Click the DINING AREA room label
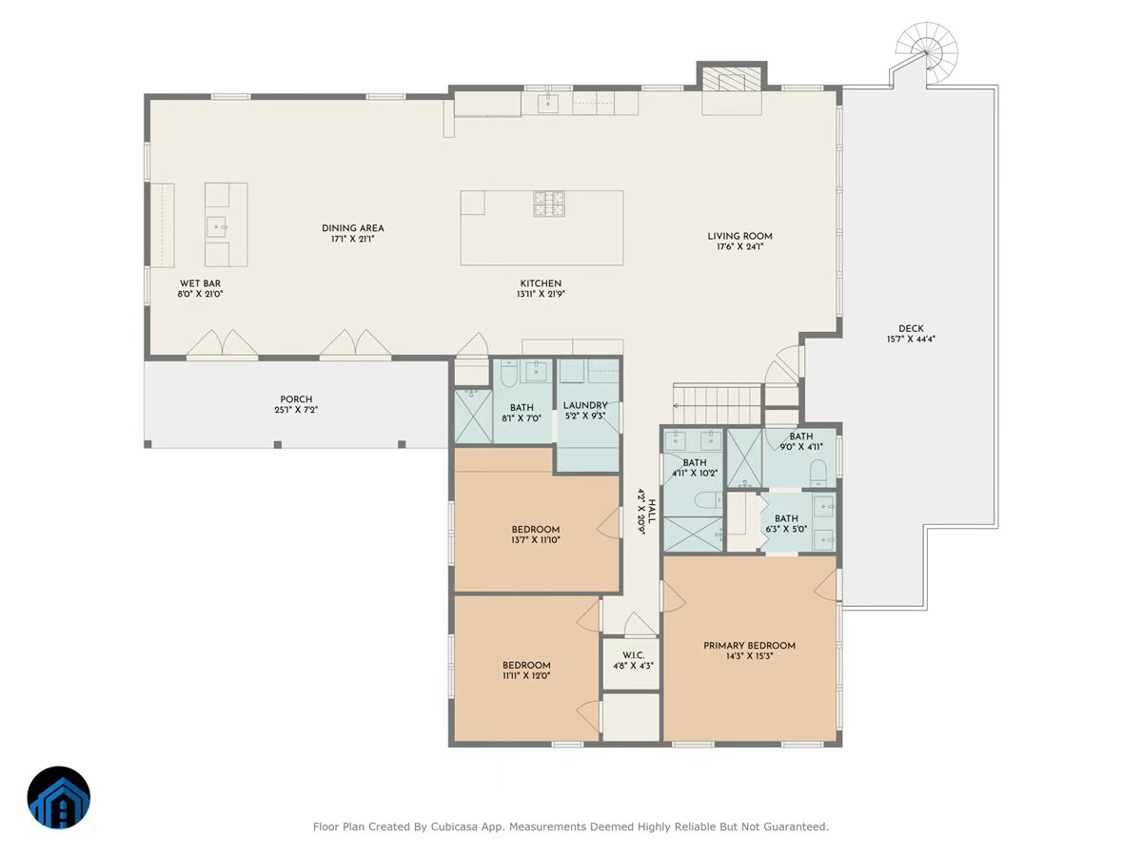coord(353,228)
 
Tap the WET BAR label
coord(200,283)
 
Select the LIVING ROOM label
coord(739,236)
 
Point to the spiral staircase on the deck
coord(927,52)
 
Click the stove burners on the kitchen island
coord(549,204)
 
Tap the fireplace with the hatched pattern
coord(732,79)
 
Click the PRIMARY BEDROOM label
coord(749,646)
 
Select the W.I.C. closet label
coord(633,655)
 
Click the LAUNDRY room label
coord(585,405)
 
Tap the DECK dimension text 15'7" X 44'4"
coord(911,340)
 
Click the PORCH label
coord(296,399)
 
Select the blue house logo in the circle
coord(59,798)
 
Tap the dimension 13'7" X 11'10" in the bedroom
coord(536,540)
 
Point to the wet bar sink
coord(216,227)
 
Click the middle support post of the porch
coord(277,444)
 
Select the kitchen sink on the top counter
coord(547,104)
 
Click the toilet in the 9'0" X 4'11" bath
coord(818,473)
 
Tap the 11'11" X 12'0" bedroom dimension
coord(526,675)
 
